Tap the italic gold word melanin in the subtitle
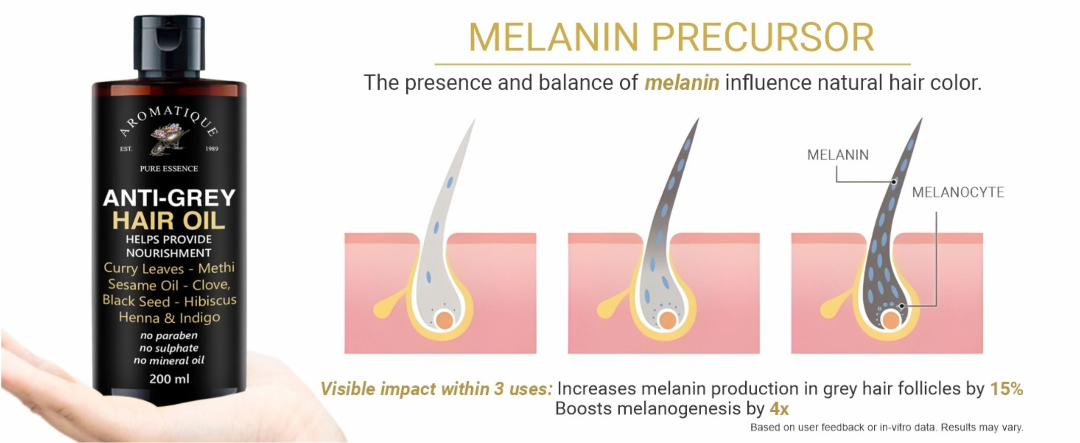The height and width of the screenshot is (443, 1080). click(x=682, y=82)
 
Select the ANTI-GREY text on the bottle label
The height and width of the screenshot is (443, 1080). click(x=169, y=197)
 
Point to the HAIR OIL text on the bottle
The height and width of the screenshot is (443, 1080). click(x=169, y=221)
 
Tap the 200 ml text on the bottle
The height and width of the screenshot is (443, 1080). click(x=169, y=379)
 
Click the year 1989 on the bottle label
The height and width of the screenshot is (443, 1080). click(x=212, y=149)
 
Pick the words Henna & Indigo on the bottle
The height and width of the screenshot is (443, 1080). click(x=169, y=317)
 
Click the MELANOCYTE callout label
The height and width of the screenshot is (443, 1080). click(x=958, y=193)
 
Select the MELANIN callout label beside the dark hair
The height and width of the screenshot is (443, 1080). click(x=838, y=155)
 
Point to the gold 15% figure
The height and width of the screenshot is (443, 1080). click(x=1006, y=389)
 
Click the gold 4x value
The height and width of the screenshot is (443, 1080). click(x=779, y=409)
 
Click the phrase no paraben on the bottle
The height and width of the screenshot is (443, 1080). click(x=169, y=336)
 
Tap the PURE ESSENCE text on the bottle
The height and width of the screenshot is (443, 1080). click(x=169, y=169)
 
